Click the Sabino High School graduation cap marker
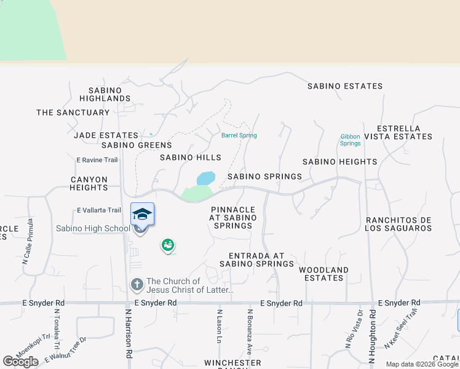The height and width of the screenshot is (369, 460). [x=142, y=215]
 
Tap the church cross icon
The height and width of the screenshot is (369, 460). [x=137, y=285]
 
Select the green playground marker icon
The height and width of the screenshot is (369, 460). [x=167, y=245]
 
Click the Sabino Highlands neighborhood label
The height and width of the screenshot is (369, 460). [x=105, y=94]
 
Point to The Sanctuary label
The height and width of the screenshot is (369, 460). [x=73, y=113]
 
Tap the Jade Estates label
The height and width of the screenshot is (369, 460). [x=106, y=135]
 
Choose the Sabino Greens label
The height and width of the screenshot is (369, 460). [x=137, y=145]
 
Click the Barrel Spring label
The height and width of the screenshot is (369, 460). [x=239, y=135]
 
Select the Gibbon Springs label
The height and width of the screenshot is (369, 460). [x=351, y=140]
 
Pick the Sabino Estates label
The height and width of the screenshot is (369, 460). [x=345, y=86]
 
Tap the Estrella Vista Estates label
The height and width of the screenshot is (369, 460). [x=397, y=132]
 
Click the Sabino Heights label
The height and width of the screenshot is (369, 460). [x=339, y=162]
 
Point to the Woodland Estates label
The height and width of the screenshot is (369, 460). [x=323, y=274]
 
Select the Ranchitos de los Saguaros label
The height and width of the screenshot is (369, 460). [x=399, y=224]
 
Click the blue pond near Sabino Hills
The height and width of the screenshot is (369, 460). [x=206, y=178]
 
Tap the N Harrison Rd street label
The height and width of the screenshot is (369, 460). [x=129, y=333]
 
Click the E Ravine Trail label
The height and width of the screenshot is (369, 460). [x=97, y=160]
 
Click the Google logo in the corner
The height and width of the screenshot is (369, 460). [x=20, y=362]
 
